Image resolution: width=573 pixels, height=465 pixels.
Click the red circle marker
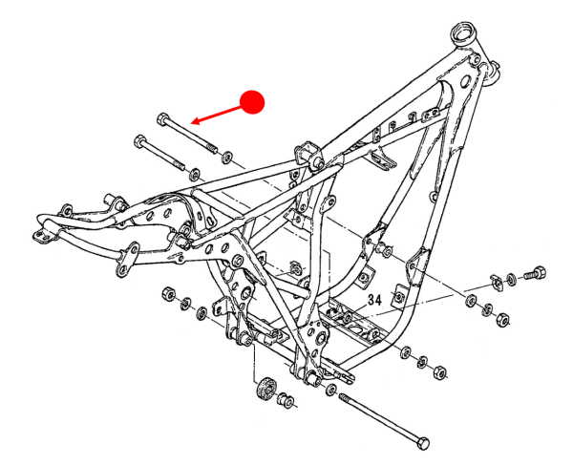(x=252, y=102)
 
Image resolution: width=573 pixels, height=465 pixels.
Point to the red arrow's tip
(x=192, y=122)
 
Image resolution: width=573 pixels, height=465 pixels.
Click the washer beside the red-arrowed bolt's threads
(x=228, y=157)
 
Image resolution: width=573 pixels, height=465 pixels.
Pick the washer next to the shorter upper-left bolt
(x=194, y=174)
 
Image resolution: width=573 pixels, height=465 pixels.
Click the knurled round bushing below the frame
(x=266, y=391)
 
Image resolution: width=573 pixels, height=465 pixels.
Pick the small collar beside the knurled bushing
(x=285, y=402)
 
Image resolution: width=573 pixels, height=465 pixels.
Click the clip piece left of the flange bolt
(x=496, y=280)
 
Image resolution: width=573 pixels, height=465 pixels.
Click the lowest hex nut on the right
(x=440, y=370)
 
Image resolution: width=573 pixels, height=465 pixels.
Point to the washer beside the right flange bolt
(x=515, y=277)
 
